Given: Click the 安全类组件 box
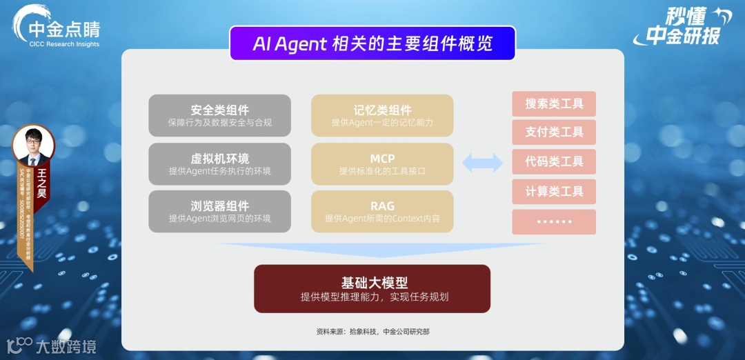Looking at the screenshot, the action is pyautogui.click(x=219, y=115).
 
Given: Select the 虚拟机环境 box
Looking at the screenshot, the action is pyautogui.click(x=219, y=163).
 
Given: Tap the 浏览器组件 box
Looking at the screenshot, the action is pyautogui.click(x=219, y=211).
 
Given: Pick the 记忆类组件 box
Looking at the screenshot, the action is pyautogui.click(x=382, y=115).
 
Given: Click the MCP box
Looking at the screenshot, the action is pyautogui.click(x=382, y=163).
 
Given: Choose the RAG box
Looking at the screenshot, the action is pyautogui.click(x=382, y=211).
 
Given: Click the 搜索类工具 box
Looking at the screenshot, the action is pyautogui.click(x=554, y=104).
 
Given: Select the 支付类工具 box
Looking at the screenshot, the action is pyautogui.click(x=554, y=132).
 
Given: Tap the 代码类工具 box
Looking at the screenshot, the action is pyautogui.click(x=554, y=162).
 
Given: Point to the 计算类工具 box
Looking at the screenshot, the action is pyautogui.click(x=554, y=192).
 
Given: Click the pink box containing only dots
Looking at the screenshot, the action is pyautogui.click(x=554, y=222).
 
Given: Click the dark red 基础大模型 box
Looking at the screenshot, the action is pyautogui.click(x=372, y=288).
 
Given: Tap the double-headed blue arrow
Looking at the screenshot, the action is pyautogui.click(x=482, y=163).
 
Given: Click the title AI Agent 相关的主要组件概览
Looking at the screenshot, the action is pyautogui.click(x=372, y=43).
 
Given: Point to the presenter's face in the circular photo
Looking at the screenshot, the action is pyautogui.click(x=33, y=146).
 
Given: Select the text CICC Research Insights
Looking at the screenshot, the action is pyautogui.click(x=64, y=44).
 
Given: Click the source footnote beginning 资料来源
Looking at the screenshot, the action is pyautogui.click(x=372, y=332).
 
